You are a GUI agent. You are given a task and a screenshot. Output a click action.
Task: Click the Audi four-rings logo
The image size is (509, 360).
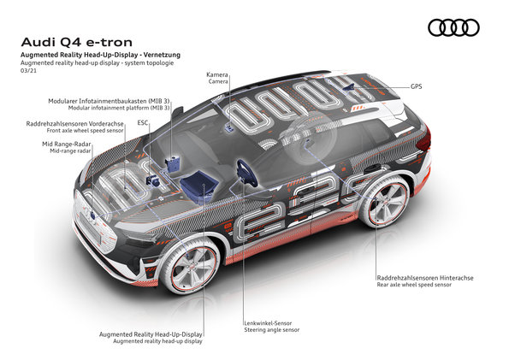[x=453, y=27]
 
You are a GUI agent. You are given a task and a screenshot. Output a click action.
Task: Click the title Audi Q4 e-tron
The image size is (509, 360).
[x=77, y=42]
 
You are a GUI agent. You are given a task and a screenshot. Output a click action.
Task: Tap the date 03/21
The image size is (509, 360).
[x=28, y=70]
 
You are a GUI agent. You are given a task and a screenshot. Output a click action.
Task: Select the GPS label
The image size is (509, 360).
[x=416, y=86]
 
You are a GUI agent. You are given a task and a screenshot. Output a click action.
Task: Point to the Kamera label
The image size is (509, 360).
[x=217, y=74]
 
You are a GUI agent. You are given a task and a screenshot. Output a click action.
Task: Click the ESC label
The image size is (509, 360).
[x=143, y=122]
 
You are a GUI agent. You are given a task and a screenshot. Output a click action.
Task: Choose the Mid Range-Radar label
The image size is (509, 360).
[x=67, y=144]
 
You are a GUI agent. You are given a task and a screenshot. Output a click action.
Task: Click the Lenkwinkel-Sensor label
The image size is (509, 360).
[x=268, y=323]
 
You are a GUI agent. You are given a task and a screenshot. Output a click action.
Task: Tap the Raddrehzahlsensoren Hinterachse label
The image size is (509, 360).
[x=425, y=278]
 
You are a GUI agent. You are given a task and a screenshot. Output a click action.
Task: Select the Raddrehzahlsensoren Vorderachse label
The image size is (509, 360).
[x=75, y=124]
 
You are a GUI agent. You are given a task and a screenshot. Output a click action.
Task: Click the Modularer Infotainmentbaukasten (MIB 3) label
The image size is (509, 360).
[x=109, y=101]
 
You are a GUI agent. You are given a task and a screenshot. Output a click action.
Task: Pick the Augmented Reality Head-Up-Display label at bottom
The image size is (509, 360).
[x=151, y=334]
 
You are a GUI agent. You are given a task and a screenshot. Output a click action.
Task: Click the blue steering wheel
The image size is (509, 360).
[x=246, y=173]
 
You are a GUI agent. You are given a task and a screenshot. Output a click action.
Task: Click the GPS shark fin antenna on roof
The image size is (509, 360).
[x=350, y=87]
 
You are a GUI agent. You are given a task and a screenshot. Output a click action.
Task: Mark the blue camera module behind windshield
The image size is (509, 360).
[x=229, y=127]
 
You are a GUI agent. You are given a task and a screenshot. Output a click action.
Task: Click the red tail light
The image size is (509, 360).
[x=425, y=139]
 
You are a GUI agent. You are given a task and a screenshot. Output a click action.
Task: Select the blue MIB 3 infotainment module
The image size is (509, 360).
[x=173, y=163]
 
